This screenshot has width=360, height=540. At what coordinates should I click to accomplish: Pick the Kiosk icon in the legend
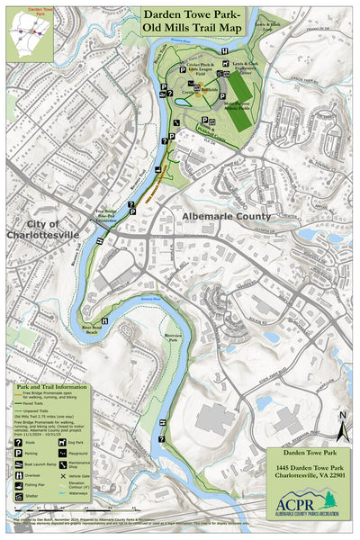pos(19,444)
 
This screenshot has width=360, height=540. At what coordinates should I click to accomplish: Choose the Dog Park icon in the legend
pos(62,443)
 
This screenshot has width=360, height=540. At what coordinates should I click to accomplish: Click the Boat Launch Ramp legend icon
pos(19,467)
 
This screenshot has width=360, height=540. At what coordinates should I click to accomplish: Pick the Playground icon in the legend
pos(62,454)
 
